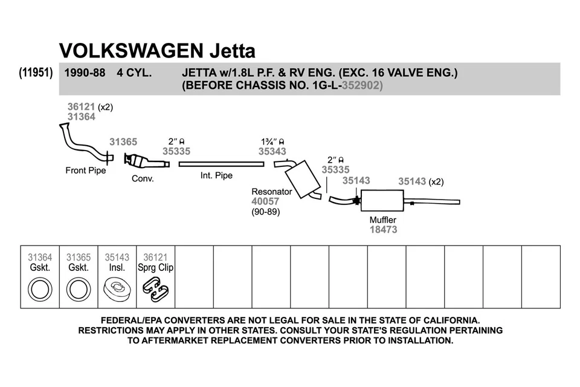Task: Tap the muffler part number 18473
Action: tap(384, 230)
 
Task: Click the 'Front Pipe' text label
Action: tap(85, 171)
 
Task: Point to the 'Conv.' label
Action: tap(143, 179)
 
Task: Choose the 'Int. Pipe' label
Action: tap(216, 176)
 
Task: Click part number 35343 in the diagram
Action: tap(272, 152)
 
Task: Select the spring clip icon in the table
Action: tap(155, 288)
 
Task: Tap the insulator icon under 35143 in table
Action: tap(117, 288)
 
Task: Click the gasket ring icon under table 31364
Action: tap(40, 288)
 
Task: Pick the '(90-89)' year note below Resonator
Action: tap(265, 212)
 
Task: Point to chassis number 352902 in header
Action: tap(362, 86)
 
